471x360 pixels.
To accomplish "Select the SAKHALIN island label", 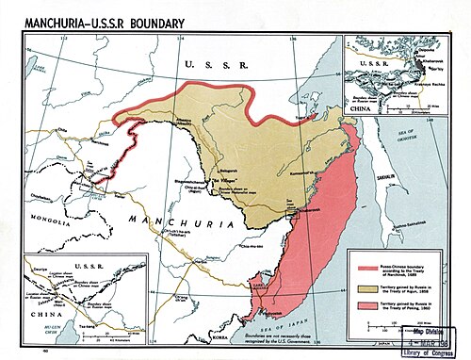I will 400,190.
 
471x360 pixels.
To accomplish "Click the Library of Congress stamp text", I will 435,351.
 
